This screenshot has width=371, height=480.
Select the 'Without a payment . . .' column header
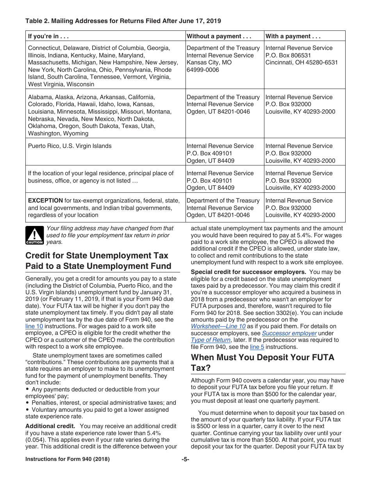[219, 36]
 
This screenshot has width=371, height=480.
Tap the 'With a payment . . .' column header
[293, 36]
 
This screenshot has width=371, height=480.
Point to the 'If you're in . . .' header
[48, 36]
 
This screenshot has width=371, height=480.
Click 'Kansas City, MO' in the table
[209, 62]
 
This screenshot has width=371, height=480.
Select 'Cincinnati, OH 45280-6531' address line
[301, 62]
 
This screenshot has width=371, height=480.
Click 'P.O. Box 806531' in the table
[288, 55]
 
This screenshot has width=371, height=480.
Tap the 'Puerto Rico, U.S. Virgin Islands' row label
[70, 146]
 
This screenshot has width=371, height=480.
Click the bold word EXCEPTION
[45, 201]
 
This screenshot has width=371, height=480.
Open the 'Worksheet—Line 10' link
[218, 326]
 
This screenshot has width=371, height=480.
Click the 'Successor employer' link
[289, 333]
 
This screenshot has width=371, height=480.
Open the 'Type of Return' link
[210, 340]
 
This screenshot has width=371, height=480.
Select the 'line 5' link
[257, 347]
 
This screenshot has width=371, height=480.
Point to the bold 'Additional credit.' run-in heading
[50, 426]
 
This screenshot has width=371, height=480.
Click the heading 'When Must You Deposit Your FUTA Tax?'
[262, 363]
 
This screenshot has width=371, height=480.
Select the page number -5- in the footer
[185, 459]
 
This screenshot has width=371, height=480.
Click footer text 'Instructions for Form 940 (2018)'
[67, 459]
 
